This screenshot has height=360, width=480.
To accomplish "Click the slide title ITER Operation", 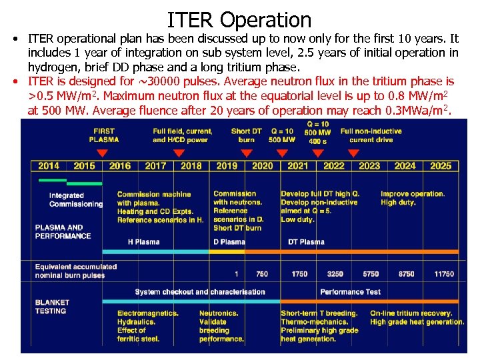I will (239, 20).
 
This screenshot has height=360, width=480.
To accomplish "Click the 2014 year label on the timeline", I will (49, 166).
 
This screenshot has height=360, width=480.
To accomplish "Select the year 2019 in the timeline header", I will (227, 166).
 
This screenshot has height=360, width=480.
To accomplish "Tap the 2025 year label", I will (441, 166).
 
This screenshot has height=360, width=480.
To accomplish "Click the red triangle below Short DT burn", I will (246, 153).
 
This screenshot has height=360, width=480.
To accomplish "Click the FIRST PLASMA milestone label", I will (104, 135).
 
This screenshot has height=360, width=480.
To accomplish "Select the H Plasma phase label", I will (143, 241).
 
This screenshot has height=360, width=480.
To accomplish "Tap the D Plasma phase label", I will (229, 241).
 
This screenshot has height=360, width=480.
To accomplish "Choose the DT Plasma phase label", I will (306, 241).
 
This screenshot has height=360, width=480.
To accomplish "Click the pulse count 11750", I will (443, 274).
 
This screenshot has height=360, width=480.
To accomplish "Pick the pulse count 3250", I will (335, 274).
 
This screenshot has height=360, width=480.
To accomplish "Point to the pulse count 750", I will (262, 274).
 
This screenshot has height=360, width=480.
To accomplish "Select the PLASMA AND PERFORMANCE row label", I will (63, 232).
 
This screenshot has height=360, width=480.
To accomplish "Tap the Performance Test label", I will (351, 291).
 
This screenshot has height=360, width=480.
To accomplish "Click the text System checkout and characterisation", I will (199, 291).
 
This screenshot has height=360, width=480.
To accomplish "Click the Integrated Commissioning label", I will (76, 199).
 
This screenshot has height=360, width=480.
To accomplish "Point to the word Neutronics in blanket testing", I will (219, 313).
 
